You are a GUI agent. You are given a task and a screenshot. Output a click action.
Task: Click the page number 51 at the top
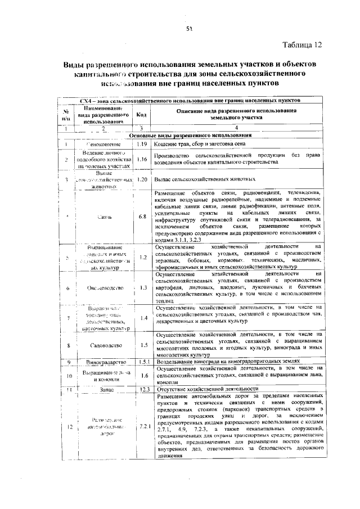point(190,29)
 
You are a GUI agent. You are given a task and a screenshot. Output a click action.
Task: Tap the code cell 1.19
point(141,145)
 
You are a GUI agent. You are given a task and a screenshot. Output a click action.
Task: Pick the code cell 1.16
point(141,159)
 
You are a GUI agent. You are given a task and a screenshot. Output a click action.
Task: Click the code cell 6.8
point(142,216)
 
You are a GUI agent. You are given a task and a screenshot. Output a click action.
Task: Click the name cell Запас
point(106,389)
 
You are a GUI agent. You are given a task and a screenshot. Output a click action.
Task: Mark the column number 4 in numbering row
point(237,129)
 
